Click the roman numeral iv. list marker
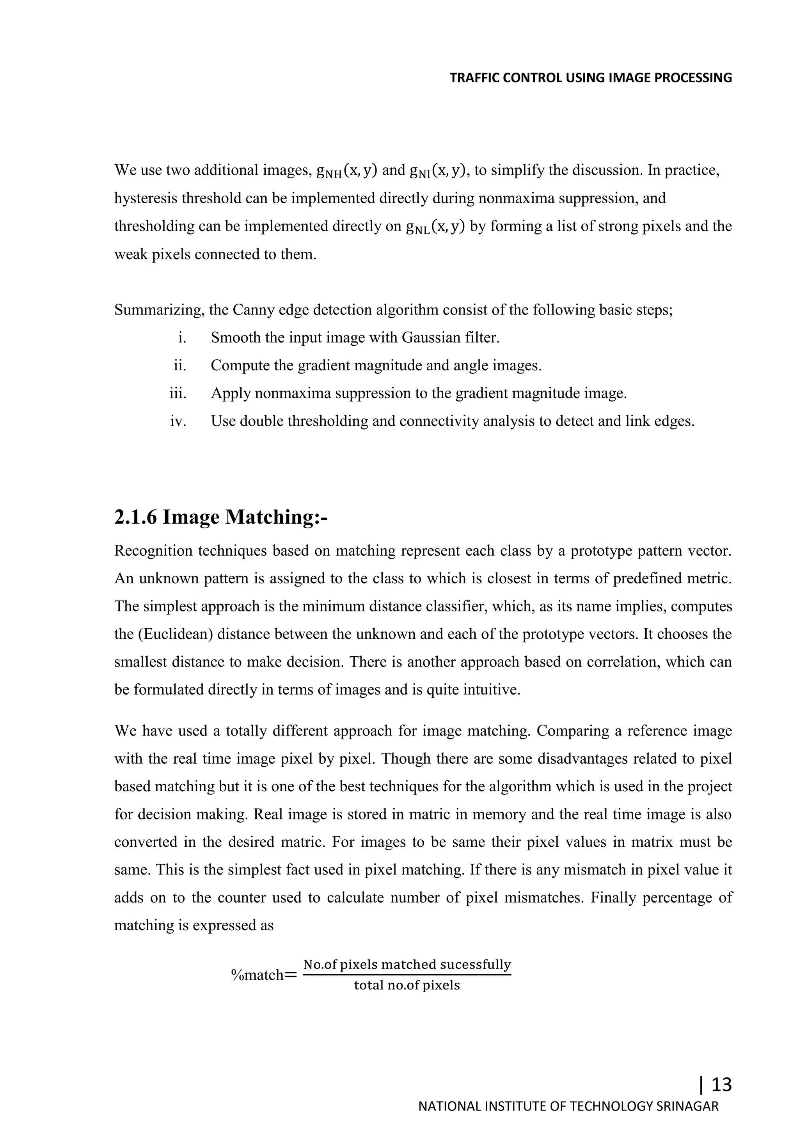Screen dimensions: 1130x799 coord(178,421)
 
